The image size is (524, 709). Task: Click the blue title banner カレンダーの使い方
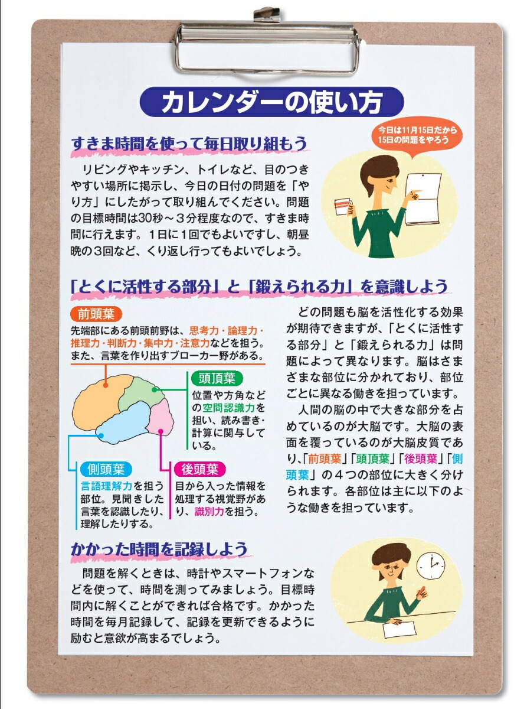[x=271, y=103]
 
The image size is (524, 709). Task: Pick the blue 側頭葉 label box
[x=104, y=470]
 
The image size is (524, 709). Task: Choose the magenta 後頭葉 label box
[x=200, y=470]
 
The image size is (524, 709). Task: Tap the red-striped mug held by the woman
[x=342, y=208]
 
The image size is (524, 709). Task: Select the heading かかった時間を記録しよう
[x=159, y=549]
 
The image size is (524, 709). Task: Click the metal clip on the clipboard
[x=267, y=44]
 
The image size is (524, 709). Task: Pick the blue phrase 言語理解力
[x=107, y=486]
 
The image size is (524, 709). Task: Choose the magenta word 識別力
[x=209, y=512]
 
